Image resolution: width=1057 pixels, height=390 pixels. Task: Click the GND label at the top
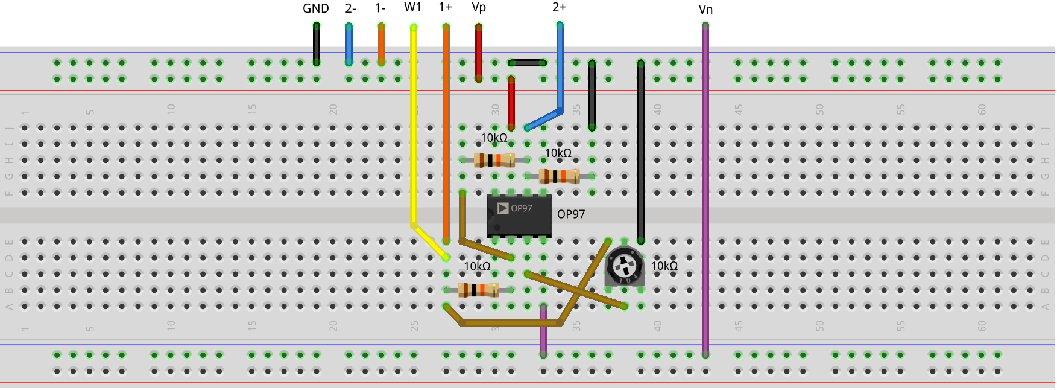(315, 8)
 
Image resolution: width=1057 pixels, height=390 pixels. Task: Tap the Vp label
(478, 7)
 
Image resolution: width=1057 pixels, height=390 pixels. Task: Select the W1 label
(412, 7)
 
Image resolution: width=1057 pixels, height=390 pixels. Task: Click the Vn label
(705, 10)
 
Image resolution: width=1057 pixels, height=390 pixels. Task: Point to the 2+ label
(559, 7)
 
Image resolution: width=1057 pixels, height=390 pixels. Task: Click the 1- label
(380, 8)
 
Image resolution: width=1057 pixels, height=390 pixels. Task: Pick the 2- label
(350, 8)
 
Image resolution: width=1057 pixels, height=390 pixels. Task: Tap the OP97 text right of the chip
(570, 214)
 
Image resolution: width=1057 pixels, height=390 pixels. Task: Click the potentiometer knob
(624, 265)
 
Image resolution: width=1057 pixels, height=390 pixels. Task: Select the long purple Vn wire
(705, 193)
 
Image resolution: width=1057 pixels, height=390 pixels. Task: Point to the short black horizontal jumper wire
(527, 63)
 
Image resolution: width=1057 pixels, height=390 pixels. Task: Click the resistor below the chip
(478, 290)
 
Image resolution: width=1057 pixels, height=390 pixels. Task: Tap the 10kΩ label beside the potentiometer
(664, 266)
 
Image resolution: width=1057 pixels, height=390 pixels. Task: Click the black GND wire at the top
(316, 43)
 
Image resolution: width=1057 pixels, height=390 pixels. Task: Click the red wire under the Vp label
(479, 51)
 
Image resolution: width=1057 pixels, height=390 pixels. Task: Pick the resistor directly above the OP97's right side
(560, 176)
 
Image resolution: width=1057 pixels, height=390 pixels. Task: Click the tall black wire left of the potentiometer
(640, 151)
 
